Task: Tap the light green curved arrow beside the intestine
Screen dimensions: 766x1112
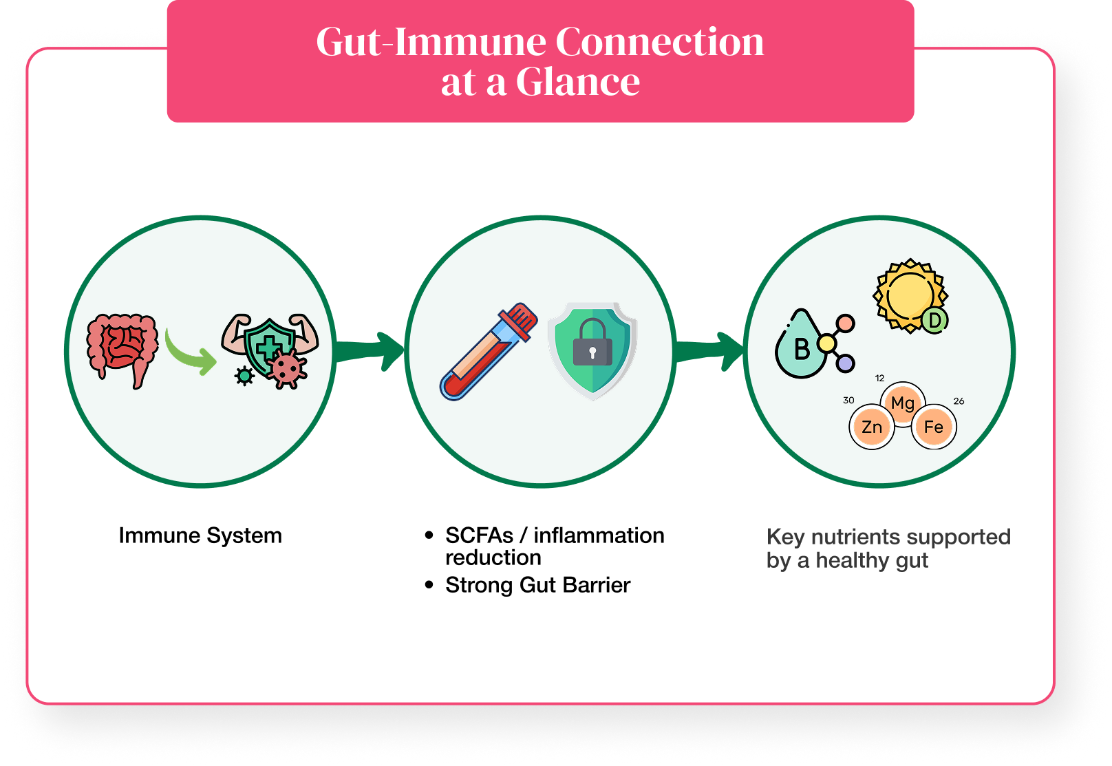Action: pos(191,353)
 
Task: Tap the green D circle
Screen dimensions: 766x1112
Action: pos(934,320)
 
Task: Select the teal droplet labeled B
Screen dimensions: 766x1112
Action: pos(800,347)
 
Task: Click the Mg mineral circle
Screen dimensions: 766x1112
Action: pos(903,403)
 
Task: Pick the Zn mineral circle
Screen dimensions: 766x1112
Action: pos(872,427)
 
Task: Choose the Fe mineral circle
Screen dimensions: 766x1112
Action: pos(933,427)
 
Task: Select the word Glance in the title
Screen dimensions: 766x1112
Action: pos(577,82)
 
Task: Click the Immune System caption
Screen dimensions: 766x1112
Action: pos(200,535)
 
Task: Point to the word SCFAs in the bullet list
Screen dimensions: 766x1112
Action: pos(479,535)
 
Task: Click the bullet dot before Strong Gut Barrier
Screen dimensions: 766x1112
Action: pos(429,585)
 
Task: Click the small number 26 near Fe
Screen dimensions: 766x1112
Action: pos(959,401)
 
